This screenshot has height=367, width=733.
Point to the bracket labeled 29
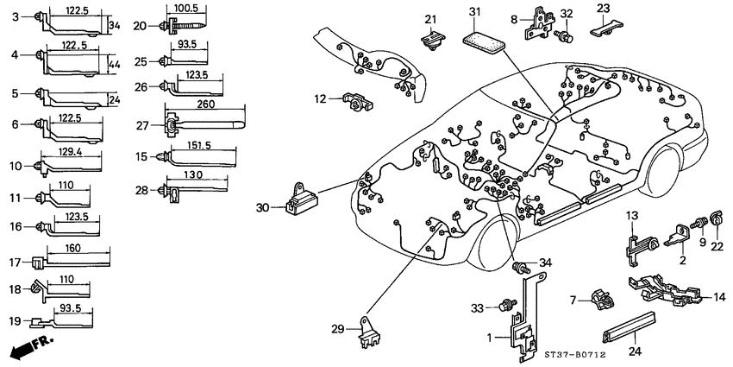click(370, 332)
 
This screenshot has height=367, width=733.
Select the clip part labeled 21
click(431, 39)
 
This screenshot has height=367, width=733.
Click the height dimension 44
click(116, 63)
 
